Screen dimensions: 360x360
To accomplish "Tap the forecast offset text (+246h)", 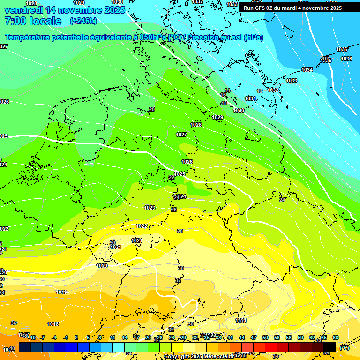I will point(83,21).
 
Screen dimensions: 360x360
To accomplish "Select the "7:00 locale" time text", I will point(33,21).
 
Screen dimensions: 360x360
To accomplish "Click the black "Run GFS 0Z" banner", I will point(292,7).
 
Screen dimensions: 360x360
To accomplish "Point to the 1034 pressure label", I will point(307,70).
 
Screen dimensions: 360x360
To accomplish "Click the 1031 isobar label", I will point(250,98).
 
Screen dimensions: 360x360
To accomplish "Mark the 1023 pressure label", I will point(150,208).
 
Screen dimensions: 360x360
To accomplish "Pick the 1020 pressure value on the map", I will point(102,266).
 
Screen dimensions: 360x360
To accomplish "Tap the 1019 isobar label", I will point(61,292).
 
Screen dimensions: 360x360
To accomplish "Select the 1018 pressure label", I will point(53,324).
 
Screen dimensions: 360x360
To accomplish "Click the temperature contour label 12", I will point(260,91).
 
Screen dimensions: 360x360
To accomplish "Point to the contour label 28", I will point(180,231).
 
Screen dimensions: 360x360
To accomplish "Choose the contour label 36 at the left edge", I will point(14,323).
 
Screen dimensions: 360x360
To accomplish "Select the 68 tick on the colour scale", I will point(336,338).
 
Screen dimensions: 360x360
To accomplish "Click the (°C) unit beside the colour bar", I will point(345,347).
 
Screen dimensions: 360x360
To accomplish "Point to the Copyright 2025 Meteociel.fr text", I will point(198,356).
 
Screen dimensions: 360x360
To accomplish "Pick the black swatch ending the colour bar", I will point(330,347).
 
